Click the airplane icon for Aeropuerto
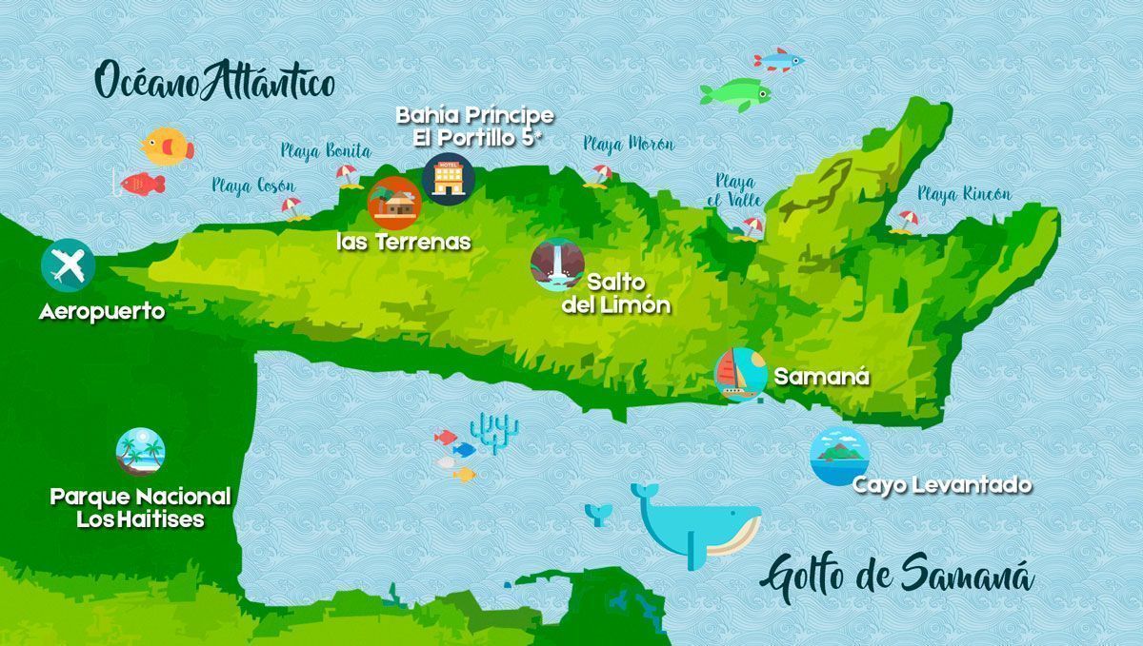coord(68,264)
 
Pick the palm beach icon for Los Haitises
coord(140,452)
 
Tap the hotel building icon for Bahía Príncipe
coord(448,176)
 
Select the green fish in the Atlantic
coord(734,93)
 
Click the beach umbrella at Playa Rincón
coord(905,221)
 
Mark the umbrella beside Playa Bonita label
coord(345,175)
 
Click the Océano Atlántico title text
coord(215,83)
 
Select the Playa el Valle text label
coord(735,190)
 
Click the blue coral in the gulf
coord(496,431)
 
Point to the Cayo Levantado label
coord(941,485)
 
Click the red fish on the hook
coord(142,184)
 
